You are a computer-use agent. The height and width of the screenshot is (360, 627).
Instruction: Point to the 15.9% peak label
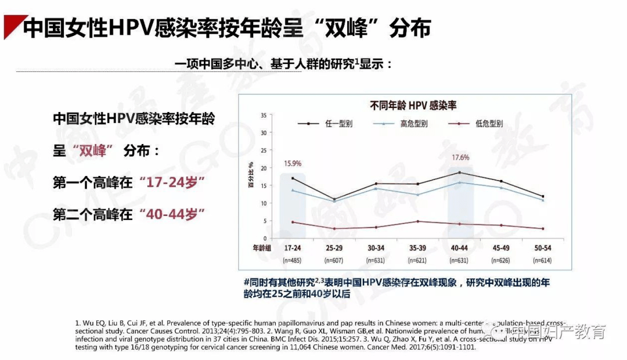pos(293,163)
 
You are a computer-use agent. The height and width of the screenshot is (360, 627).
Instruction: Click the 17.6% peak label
pos(460,157)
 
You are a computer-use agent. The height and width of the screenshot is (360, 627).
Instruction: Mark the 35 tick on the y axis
pos(264,116)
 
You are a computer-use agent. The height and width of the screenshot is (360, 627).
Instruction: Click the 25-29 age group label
pos(334,248)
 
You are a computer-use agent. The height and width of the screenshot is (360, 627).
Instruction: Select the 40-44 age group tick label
pos(460,248)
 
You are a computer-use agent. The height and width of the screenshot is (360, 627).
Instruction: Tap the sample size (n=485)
pos(293,260)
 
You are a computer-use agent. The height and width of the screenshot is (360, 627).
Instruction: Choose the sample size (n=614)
pos(543,260)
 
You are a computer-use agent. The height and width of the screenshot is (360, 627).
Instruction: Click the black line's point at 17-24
pos(293,178)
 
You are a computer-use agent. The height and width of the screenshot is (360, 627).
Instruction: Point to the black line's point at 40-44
pos(460,172)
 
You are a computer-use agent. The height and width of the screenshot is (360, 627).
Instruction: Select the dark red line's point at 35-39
pos(418,221)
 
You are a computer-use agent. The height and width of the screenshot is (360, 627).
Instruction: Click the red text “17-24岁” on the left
pos(172,182)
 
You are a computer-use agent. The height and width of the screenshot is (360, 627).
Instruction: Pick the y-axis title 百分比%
pos(251,177)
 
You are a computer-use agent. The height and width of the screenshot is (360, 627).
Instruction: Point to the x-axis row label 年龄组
pos(260,248)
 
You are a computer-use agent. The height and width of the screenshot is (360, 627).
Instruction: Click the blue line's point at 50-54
pos(543,200)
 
